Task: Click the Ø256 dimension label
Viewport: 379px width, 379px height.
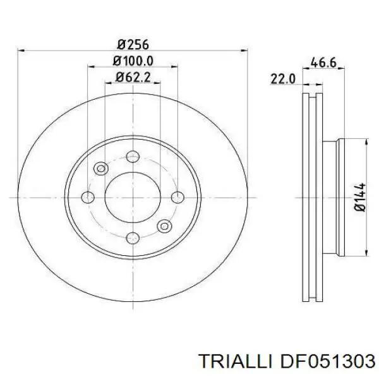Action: [133, 45]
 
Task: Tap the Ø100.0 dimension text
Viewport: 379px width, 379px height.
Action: [133, 61]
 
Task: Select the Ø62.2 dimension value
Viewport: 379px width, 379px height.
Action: [133, 77]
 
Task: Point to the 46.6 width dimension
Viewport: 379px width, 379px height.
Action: [323, 63]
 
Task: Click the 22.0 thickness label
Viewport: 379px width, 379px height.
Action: [283, 79]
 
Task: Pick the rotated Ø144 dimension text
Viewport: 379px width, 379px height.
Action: [360, 197]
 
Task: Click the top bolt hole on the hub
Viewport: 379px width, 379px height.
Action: [133, 157]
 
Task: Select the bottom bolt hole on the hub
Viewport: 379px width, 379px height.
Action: [133, 238]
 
